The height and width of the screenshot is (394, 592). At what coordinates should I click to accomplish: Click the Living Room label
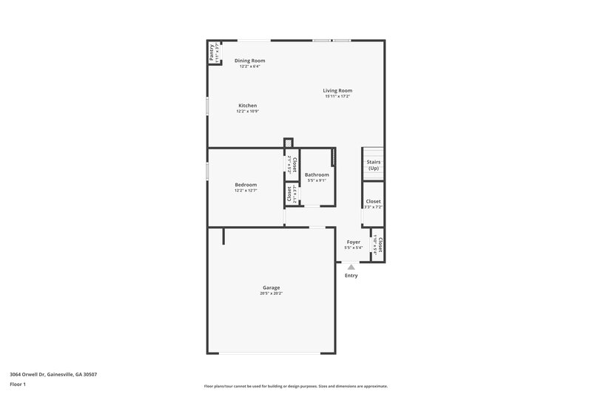[x=337, y=90]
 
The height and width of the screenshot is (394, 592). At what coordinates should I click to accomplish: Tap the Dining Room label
[x=249, y=61]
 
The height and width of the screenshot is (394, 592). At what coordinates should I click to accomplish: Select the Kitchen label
[x=247, y=106]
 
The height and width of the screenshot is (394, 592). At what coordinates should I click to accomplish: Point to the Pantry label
[x=212, y=52]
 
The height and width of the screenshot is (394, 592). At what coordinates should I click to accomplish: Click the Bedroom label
[x=246, y=185]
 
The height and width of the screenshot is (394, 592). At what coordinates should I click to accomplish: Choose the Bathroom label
[x=317, y=174]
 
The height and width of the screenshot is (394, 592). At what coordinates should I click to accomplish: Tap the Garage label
[x=271, y=288]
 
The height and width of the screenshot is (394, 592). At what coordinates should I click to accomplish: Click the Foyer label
[x=353, y=242]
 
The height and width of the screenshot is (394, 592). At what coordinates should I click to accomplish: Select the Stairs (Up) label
[x=373, y=165]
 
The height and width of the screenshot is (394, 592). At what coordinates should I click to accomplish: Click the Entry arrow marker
[x=351, y=267]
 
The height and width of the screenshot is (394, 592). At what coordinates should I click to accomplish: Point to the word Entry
[x=351, y=276]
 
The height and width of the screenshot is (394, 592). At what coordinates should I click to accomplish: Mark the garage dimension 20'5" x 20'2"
[x=271, y=293]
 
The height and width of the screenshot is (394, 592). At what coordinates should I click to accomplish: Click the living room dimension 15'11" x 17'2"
[x=337, y=96]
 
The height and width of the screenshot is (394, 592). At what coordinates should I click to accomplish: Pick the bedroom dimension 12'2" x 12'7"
[x=246, y=191]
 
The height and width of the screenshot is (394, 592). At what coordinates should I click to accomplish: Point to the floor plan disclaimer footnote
[x=295, y=386]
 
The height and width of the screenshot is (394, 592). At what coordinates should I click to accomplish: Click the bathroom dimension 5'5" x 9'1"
[x=317, y=180]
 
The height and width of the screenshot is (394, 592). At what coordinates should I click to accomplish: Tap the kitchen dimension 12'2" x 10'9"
[x=247, y=112]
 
